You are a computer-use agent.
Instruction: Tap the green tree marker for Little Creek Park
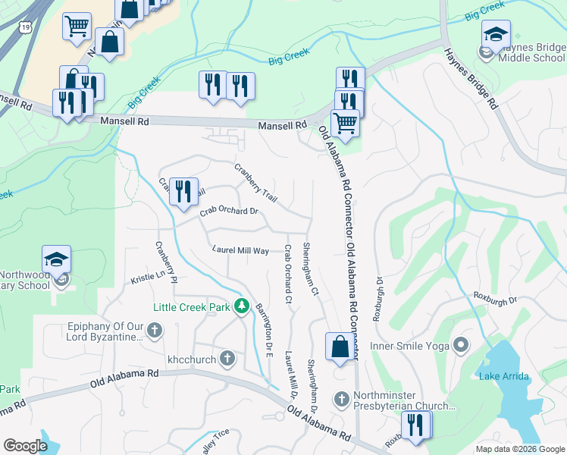pyautogui.click(x=242, y=306)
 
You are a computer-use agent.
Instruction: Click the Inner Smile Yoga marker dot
pyautogui.click(x=460, y=347)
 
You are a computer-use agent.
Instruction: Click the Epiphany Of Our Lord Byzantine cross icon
pyautogui.click(x=155, y=330)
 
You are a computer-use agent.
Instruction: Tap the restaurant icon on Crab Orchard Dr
pyautogui.click(x=182, y=191)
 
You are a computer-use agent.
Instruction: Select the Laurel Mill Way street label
pyautogui.click(x=240, y=249)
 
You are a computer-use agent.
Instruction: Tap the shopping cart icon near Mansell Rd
pyautogui.click(x=345, y=121)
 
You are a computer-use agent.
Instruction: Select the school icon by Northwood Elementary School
pyautogui.click(x=57, y=259)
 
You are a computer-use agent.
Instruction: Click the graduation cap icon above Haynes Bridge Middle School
pyautogui.click(x=497, y=34)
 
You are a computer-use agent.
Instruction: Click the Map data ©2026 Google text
pyautogui.click(x=519, y=449)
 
